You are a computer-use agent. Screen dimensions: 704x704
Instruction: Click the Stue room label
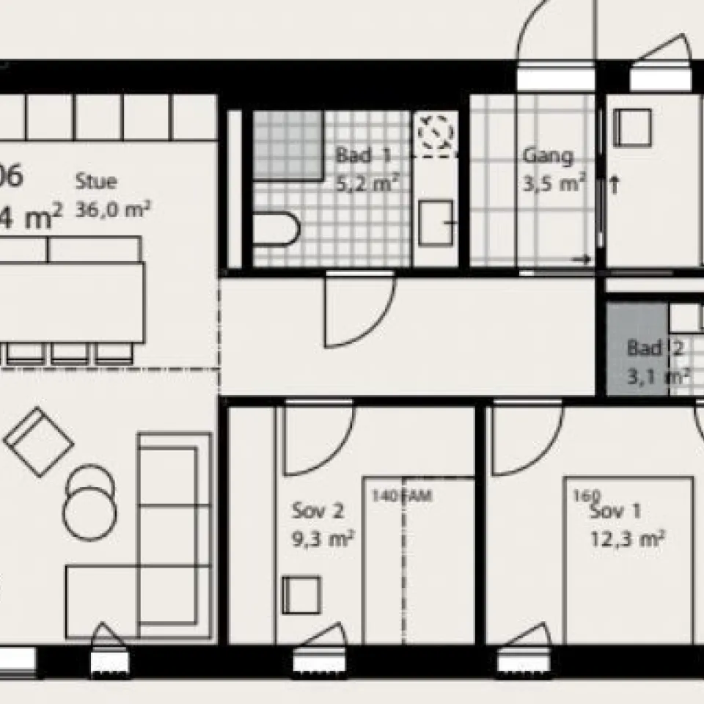[x=96, y=181]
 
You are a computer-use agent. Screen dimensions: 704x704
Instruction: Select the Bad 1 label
[x=363, y=155]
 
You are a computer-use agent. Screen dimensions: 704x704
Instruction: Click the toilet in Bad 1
[x=276, y=229]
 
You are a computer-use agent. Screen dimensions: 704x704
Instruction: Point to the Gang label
[x=547, y=156]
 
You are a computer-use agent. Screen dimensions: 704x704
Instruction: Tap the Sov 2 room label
[x=318, y=510]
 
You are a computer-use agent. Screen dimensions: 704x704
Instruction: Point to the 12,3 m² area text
[x=628, y=540]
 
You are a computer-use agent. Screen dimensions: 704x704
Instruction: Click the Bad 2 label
[x=655, y=348]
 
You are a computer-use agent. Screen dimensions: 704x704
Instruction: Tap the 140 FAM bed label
[x=402, y=496]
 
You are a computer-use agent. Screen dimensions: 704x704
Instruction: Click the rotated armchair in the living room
[x=38, y=441]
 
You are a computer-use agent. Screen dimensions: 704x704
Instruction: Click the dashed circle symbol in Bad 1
[x=435, y=133]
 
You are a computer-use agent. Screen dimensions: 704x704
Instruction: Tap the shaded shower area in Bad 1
[x=287, y=144]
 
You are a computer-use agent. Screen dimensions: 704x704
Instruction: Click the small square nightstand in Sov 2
[x=301, y=595]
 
